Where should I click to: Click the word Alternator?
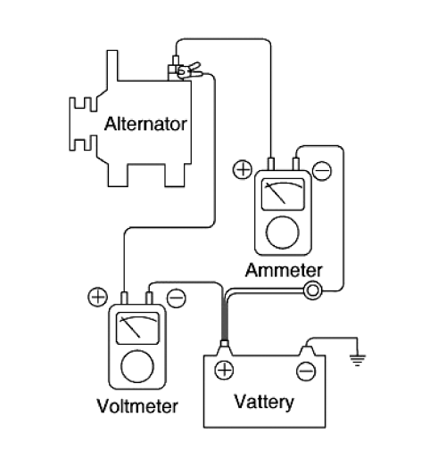(x=145, y=124)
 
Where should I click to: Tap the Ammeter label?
(x=284, y=270)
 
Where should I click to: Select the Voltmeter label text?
(x=137, y=406)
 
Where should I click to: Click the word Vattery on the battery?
(x=264, y=403)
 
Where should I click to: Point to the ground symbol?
(x=358, y=360)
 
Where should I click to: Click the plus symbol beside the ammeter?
(x=243, y=169)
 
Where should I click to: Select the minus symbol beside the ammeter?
(x=322, y=171)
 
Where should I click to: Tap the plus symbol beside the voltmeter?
(x=97, y=298)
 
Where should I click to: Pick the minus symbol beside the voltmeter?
(x=177, y=298)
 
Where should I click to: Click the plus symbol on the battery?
(x=224, y=370)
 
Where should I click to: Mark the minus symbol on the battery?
(x=306, y=372)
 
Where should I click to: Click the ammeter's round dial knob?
(x=283, y=233)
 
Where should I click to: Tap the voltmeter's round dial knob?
(x=137, y=366)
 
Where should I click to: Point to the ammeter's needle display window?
(x=283, y=194)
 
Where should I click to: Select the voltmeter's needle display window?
(x=137, y=328)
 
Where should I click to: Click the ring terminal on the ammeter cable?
(x=313, y=290)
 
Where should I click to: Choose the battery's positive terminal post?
(x=224, y=348)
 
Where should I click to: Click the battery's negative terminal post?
(x=307, y=351)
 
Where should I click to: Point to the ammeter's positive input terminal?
(x=271, y=164)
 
